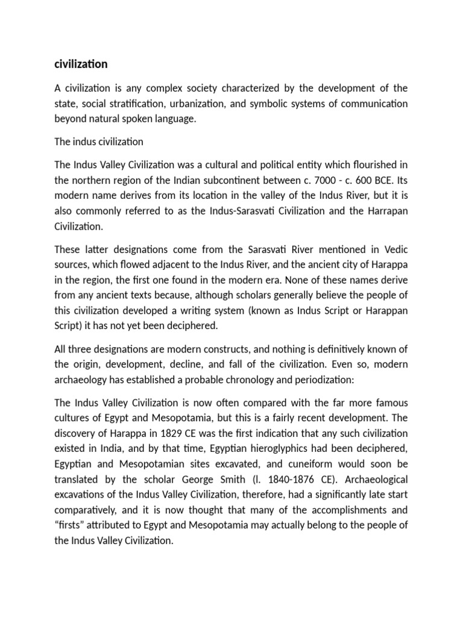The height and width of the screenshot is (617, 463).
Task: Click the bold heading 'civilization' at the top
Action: click(81, 63)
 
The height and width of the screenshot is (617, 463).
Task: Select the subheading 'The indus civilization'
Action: click(99, 142)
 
